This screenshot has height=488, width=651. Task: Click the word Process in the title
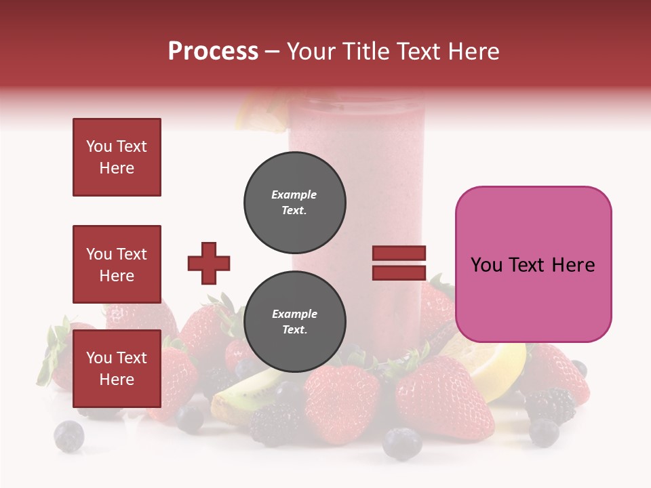[213, 52]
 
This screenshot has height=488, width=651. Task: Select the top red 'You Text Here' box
[117, 157]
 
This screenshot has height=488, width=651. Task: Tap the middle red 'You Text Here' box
[117, 264]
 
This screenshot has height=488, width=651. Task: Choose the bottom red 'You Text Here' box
[117, 368]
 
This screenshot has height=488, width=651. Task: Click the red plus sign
[209, 263]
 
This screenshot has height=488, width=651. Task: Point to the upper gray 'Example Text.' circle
[294, 203]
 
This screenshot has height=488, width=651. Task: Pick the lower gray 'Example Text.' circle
[294, 322]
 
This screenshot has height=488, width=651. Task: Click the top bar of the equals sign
[399, 253]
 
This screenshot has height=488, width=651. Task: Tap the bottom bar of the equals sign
[399, 272]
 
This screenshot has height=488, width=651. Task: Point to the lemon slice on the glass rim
[261, 113]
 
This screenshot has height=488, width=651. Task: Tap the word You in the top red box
[98, 146]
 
